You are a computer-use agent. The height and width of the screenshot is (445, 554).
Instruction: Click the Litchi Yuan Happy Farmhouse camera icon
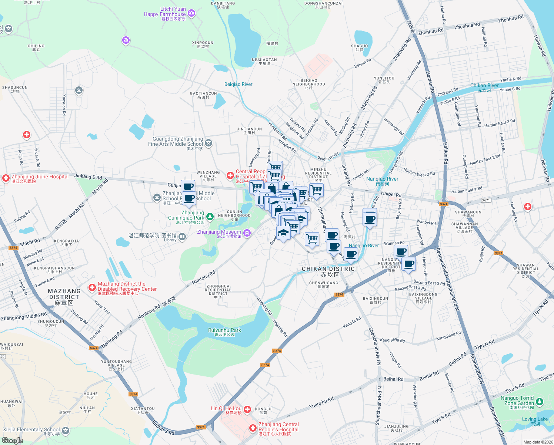click(191, 13)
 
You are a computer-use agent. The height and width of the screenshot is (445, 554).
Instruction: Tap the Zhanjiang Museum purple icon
click(247, 233)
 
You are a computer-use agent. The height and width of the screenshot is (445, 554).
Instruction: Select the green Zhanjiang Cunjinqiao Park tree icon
click(210, 217)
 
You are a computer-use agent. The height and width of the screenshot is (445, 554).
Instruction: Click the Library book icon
click(182, 237)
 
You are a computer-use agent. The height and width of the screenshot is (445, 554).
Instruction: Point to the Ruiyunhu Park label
click(224, 330)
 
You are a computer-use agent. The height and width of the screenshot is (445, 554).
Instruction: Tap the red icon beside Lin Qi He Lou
click(247, 409)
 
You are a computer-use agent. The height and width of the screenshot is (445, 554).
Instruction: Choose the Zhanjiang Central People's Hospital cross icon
click(253, 428)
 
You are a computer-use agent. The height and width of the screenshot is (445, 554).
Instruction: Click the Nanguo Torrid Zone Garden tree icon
click(540, 401)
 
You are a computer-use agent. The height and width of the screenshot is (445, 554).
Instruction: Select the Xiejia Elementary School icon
click(66, 431)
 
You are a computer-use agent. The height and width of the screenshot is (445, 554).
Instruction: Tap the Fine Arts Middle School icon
click(208, 143)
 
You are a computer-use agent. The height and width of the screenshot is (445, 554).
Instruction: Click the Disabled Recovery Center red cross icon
click(92, 287)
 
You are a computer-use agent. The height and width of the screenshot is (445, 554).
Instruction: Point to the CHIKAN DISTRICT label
click(330, 269)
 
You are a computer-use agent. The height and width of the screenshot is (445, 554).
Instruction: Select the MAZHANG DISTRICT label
click(64, 294)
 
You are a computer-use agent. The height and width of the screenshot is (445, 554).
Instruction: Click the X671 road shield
click(485, 200)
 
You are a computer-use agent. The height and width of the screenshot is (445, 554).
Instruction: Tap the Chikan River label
click(484, 86)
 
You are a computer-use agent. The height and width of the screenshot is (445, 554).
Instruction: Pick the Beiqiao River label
click(238, 84)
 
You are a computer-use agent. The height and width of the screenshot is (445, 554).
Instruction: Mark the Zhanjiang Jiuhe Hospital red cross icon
click(6, 178)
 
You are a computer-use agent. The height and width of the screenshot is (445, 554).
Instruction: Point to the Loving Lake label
click(535, 419)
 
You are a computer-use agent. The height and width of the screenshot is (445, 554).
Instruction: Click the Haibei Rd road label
click(391, 195)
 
